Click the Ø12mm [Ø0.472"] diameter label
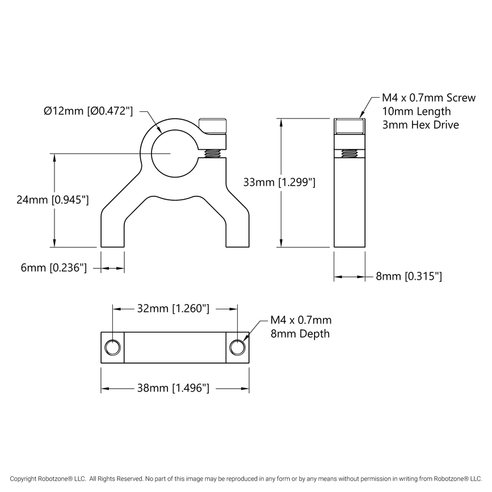click(x=88, y=111)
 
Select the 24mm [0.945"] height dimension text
click(x=52, y=200)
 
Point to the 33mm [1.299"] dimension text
click(x=279, y=182)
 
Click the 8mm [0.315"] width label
click(x=409, y=276)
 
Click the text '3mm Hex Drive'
click(x=420, y=124)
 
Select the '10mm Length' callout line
click(x=416, y=111)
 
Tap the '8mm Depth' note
click(x=300, y=334)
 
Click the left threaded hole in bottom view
click(x=112, y=347)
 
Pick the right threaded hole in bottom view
click(x=237, y=347)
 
